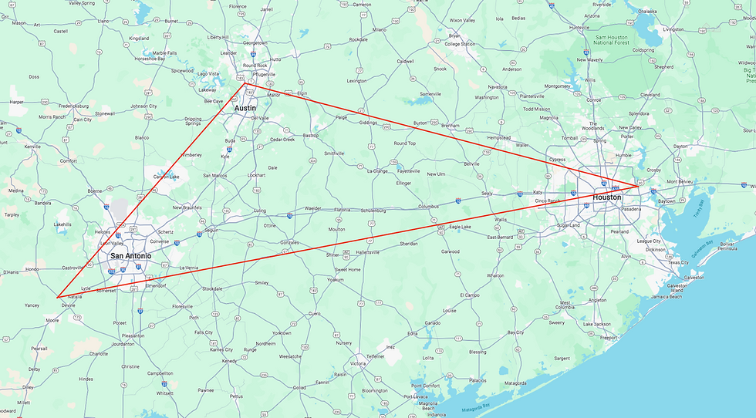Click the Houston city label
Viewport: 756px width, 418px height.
coord(606,198)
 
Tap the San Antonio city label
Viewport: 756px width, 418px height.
coord(130,256)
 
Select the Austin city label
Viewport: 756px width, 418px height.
coord(245,109)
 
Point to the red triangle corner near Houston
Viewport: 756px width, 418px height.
coord(639,187)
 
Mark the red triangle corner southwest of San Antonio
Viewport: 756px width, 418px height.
coord(57,297)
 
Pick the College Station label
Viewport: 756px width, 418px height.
coord(460,44)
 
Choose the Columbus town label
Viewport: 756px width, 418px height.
coord(428,207)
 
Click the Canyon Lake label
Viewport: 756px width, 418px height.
coord(165,177)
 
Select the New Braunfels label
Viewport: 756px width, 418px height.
coord(187,207)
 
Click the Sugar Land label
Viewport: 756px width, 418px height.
coord(567,225)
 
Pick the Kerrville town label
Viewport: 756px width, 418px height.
coord(32,146)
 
